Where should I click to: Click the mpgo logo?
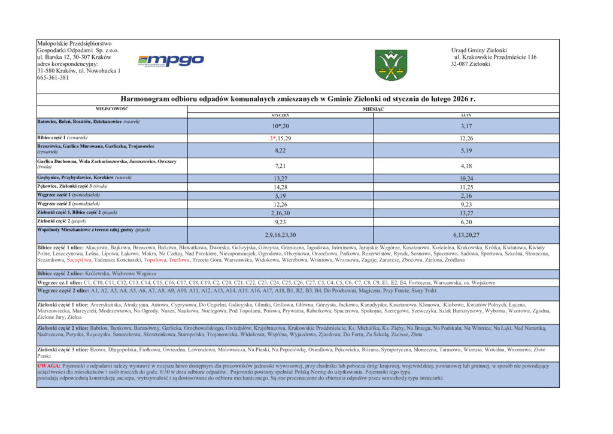(171, 60)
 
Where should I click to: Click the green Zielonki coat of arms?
(391, 65)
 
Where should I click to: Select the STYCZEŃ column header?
(280, 114)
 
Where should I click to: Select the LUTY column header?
(466, 114)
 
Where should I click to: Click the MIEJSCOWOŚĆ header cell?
(113, 108)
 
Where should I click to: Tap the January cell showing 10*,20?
(280, 126)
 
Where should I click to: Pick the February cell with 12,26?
(466, 138)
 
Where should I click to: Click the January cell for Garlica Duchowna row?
(280, 165)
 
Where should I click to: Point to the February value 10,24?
(466, 178)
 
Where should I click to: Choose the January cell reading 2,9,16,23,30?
(280, 234)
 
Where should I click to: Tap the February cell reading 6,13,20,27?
(466, 234)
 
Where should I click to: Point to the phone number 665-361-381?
(53, 77)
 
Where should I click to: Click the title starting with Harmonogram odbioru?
(298, 99)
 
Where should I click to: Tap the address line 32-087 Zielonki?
(471, 64)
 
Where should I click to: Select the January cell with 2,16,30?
(280, 213)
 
